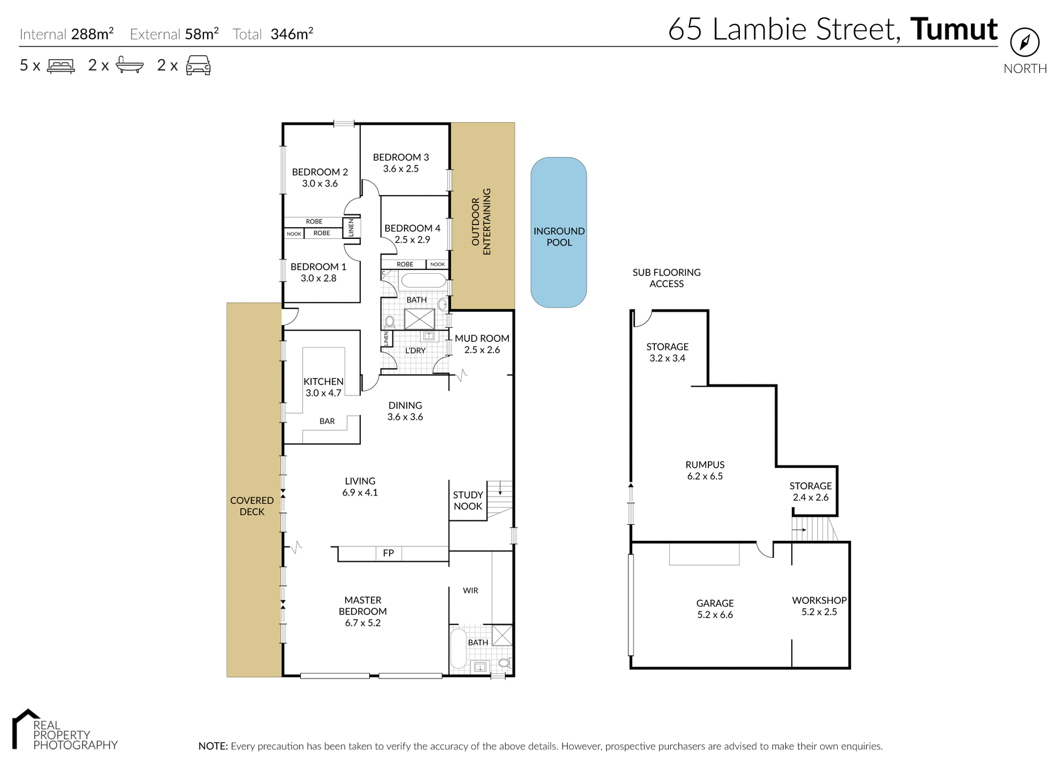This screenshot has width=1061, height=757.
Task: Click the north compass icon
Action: point(1025,42)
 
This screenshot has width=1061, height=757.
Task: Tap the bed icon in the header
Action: point(61,66)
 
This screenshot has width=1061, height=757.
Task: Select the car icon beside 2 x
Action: point(198,65)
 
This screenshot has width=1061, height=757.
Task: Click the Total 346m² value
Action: point(292,34)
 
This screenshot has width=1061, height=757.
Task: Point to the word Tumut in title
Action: point(953,29)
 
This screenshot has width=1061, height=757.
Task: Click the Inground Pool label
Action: point(559,237)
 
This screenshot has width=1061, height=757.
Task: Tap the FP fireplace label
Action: point(388,553)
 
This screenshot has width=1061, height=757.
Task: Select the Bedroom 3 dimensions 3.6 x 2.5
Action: point(401,169)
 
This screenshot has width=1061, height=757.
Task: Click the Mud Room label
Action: point(482,338)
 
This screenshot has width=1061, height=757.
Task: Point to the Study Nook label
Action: point(468,500)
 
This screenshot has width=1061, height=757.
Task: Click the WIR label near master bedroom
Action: point(470,591)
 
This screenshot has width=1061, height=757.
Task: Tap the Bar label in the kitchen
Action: point(327,421)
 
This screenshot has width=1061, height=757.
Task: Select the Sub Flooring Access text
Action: point(666,278)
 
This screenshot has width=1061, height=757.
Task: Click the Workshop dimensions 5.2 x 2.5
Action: point(819,612)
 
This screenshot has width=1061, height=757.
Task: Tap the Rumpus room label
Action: point(705,465)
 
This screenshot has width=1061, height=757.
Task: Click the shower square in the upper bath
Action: point(419,320)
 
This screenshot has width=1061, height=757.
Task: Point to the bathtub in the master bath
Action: point(458,648)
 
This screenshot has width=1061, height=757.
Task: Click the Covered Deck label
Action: point(252,506)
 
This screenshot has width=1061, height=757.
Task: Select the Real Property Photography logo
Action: point(64,730)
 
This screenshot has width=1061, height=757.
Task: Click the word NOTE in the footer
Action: point(213,746)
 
